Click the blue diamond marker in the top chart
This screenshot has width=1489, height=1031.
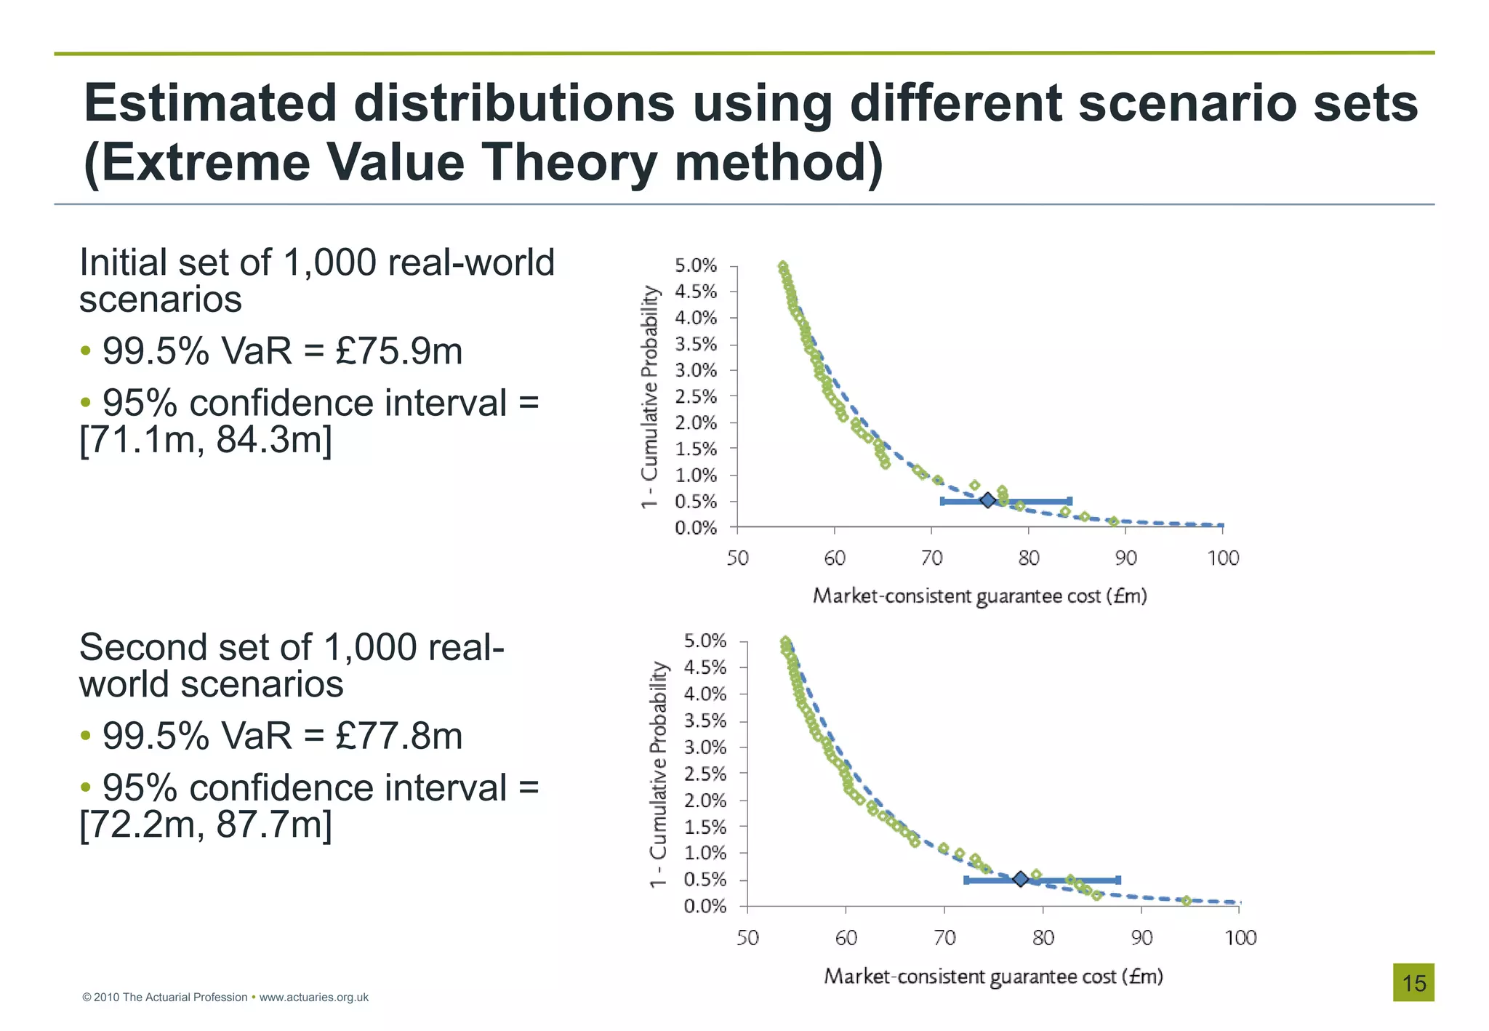pos(987,500)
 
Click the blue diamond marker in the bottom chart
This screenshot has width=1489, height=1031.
pos(1020,879)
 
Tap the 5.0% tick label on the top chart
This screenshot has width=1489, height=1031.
pos(696,265)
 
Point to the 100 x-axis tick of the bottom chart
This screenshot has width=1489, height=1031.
pos(1240,938)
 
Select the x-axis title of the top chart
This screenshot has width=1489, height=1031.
pos(979,596)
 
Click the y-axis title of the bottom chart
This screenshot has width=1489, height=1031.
pos(658,774)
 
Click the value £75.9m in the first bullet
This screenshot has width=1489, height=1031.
pos(398,351)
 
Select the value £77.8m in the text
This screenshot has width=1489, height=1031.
pos(398,736)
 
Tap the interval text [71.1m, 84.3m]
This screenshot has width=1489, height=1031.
pos(206,439)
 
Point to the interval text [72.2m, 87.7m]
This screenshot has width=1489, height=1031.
pos(206,824)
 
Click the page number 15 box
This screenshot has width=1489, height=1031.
pos(1413,983)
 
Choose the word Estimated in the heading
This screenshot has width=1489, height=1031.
pos(210,103)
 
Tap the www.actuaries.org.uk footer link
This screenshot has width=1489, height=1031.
pos(313,998)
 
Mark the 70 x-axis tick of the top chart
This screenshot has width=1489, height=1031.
pos(931,558)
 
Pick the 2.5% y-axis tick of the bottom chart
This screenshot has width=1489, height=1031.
pos(705,774)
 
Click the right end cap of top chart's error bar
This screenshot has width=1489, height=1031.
pos(1069,501)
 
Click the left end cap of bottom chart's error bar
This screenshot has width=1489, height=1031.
pos(966,880)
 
